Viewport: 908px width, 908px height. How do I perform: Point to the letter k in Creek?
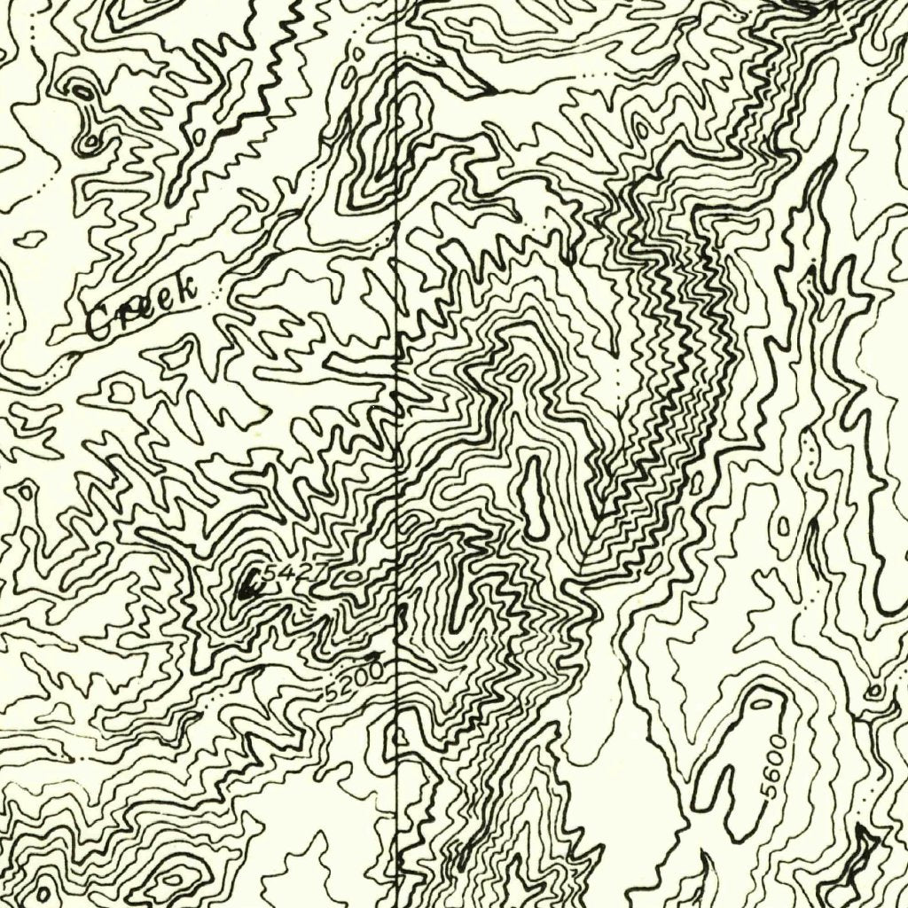(185, 289)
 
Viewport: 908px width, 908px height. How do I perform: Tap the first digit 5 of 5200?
(333, 693)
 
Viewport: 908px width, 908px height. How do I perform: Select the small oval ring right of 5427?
(356, 575)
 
